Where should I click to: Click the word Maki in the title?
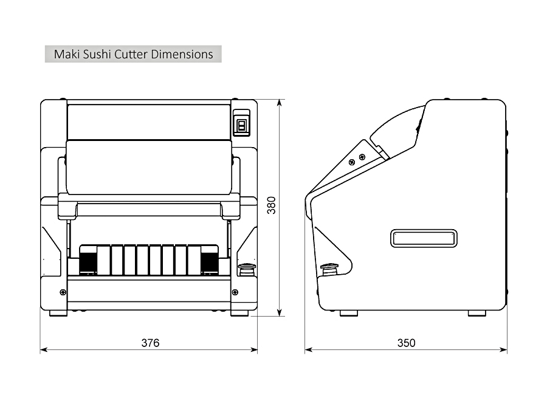[x=66, y=54]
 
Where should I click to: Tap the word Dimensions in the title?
[x=182, y=54]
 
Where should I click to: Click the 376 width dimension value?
[x=150, y=343]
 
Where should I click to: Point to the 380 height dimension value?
[x=272, y=205]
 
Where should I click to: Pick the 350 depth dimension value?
[x=406, y=343]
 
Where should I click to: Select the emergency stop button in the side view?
[x=329, y=267]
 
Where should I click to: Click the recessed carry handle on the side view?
[x=424, y=238]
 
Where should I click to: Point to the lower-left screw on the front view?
[x=63, y=292]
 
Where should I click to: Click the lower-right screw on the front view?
[x=235, y=292]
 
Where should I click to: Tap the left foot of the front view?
[x=58, y=314]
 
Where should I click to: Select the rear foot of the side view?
[x=476, y=314]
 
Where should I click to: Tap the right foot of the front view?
[x=239, y=314]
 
